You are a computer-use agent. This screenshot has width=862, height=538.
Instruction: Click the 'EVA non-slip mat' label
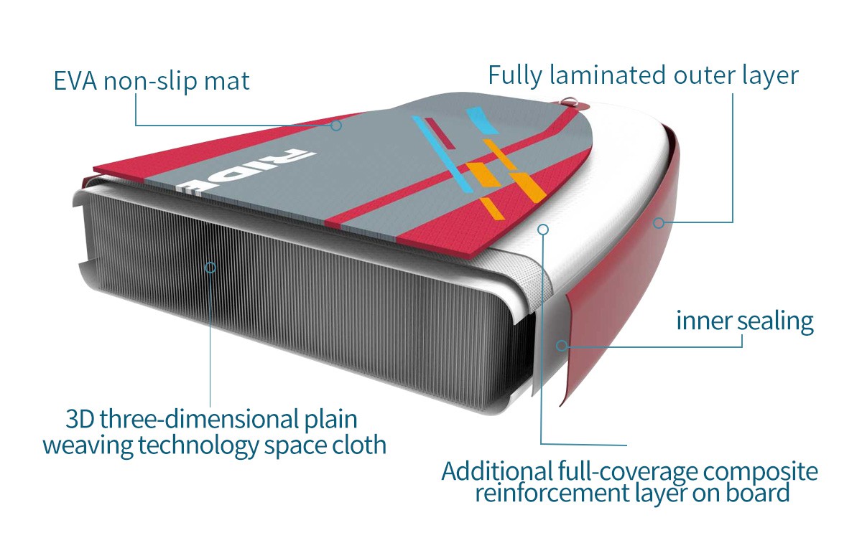(x=152, y=80)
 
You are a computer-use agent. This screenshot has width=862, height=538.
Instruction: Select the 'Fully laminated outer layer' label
(x=643, y=75)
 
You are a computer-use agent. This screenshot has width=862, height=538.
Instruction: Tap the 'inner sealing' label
(x=744, y=321)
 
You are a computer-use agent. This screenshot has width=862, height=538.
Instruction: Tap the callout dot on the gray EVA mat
(x=335, y=125)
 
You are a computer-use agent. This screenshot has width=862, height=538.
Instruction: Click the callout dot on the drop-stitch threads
(x=210, y=267)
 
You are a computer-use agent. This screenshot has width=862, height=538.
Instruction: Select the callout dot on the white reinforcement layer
(x=543, y=230)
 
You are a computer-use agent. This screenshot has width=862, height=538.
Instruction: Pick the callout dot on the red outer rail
(x=657, y=223)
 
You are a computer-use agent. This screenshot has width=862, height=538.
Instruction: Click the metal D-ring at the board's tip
(x=570, y=102)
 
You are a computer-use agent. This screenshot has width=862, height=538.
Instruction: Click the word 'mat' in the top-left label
(x=228, y=80)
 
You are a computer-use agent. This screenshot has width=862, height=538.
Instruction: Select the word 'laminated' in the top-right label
(x=607, y=75)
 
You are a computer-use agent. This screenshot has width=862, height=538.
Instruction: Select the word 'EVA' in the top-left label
(x=76, y=80)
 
